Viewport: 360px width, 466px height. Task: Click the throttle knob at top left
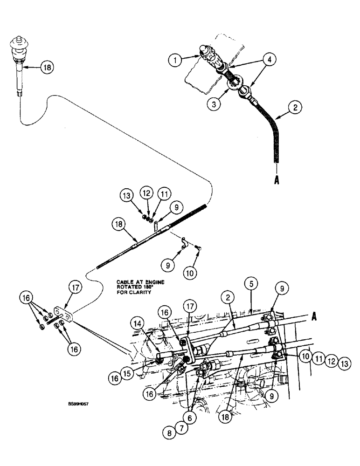pyautogui.click(x=20, y=44)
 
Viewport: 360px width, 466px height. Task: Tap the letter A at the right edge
pyautogui.click(x=314, y=317)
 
